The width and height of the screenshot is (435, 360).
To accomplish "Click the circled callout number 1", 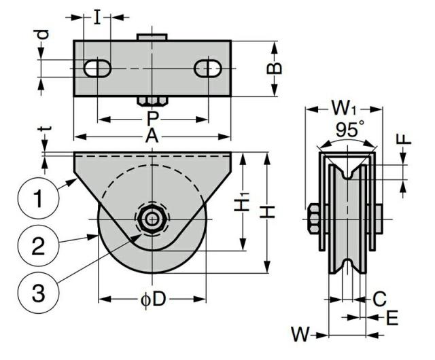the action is click(38, 198).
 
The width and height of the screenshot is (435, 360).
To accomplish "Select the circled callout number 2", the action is click(38, 246).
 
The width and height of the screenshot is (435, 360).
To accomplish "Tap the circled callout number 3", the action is click(38, 293).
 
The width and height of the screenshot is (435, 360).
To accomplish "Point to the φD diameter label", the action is click(153, 300).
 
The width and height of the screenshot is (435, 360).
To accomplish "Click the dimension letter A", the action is click(152, 136).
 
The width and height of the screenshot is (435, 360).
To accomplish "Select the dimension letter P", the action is click(152, 119).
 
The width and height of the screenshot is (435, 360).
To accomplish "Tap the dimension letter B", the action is click(274, 68).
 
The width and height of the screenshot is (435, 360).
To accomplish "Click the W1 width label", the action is click(344, 107).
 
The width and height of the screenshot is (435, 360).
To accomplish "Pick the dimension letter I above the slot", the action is click(97, 17).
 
